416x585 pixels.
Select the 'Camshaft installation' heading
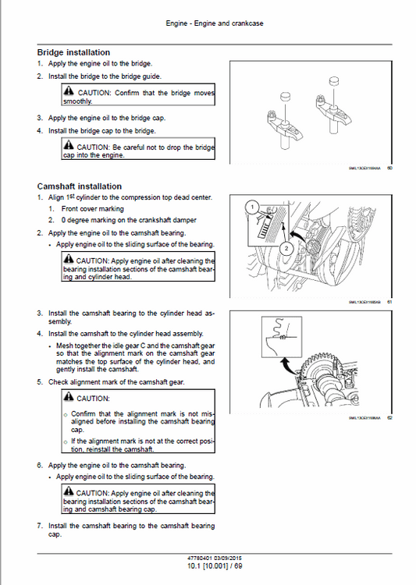coord(79,186)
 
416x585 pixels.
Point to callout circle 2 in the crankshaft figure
coord(286,248)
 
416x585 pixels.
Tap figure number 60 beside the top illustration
coord(390,167)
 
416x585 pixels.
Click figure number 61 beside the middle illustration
coord(390,303)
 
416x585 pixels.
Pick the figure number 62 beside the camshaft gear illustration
coord(390,417)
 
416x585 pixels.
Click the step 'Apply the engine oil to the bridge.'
coord(100,63)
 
